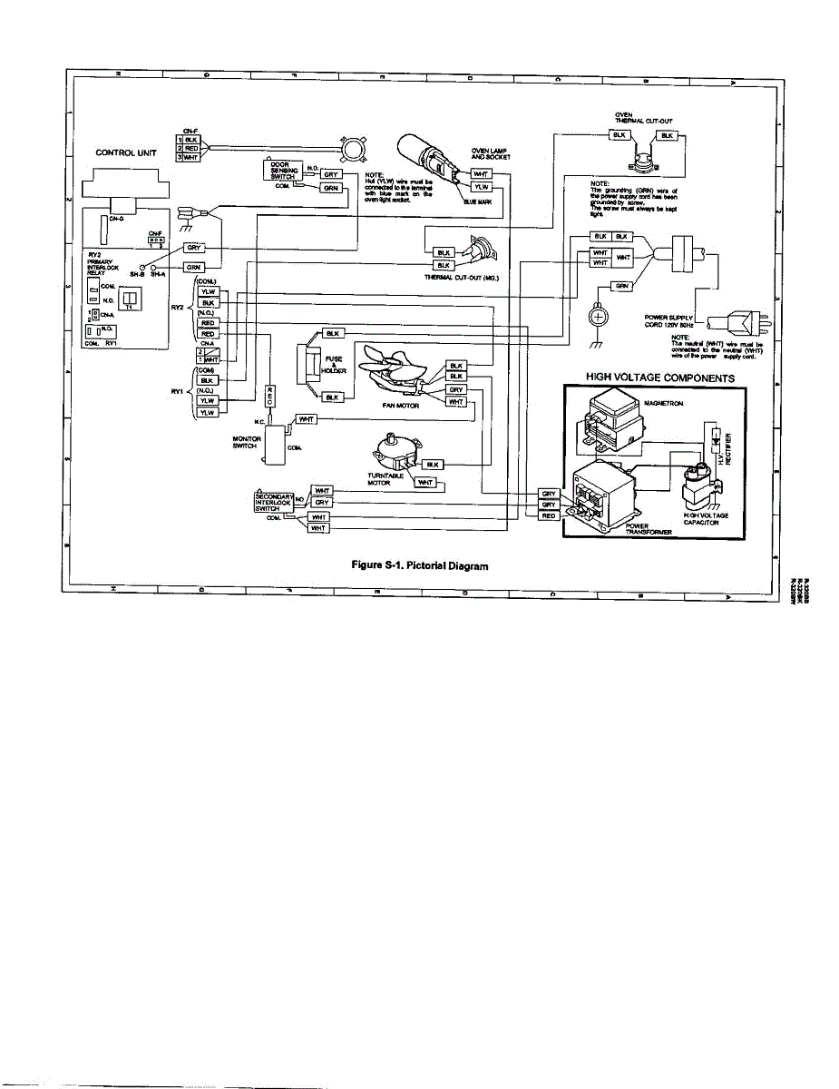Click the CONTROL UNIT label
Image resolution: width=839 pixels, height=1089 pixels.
pos(125,153)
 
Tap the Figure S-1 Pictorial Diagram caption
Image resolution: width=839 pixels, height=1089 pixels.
pos(419,565)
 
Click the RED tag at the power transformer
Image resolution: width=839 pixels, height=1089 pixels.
pos(548,515)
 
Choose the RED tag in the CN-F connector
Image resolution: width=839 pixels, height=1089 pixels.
pos(190,148)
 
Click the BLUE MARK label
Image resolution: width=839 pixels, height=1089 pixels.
pos(478,202)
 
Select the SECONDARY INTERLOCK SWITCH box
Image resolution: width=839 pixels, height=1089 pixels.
pos(274,501)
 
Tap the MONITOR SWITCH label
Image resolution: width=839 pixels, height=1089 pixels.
pos(248,442)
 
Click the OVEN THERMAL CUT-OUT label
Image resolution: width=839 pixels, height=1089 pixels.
pos(642,118)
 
